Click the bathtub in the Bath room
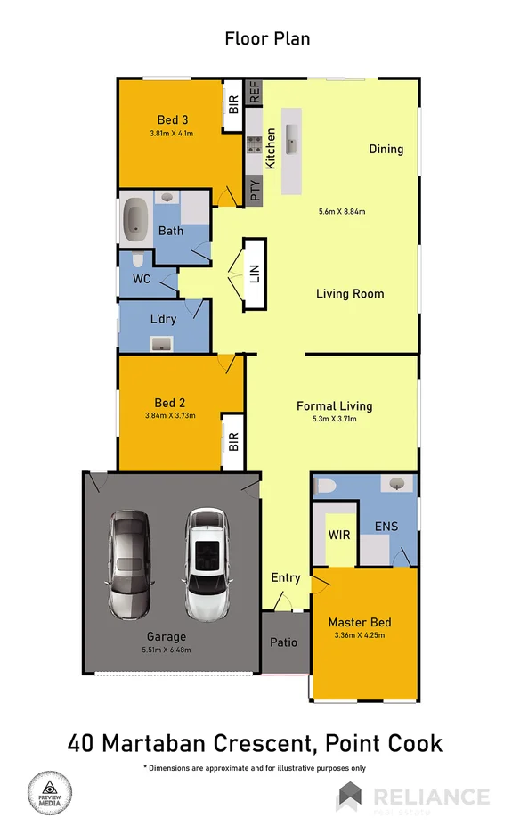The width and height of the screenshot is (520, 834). pyautogui.click(x=136, y=219)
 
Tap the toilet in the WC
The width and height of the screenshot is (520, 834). pyautogui.click(x=136, y=262)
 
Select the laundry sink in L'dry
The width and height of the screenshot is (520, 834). pyautogui.click(x=161, y=343)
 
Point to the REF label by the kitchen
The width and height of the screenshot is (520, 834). pyautogui.click(x=253, y=90)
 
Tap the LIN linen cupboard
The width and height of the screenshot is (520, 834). pyautogui.click(x=254, y=274)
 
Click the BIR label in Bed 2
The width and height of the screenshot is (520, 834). pyautogui.click(x=233, y=441)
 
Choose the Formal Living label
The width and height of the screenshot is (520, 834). pyautogui.click(x=334, y=405)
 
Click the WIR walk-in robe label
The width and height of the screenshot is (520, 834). pyautogui.click(x=337, y=535)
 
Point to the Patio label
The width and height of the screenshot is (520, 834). pyautogui.click(x=284, y=642)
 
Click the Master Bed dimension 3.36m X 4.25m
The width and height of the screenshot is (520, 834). pyautogui.click(x=359, y=635)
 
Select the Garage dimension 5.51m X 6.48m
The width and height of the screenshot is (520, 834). pyautogui.click(x=167, y=650)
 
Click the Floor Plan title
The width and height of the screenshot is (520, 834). pyautogui.click(x=267, y=38)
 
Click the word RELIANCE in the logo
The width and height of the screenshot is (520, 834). pyautogui.click(x=431, y=796)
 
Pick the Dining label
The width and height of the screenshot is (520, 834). pyautogui.click(x=386, y=149)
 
